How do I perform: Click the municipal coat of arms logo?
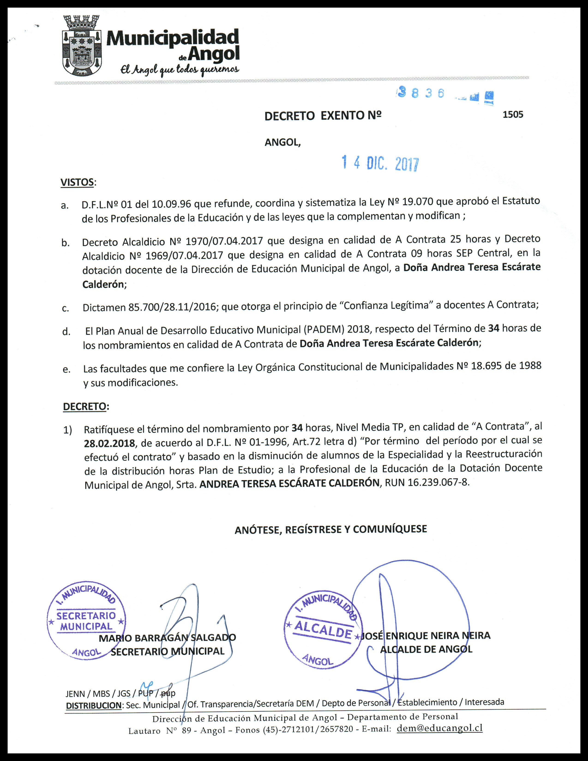[82, 46]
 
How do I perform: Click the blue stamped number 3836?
[421, 93]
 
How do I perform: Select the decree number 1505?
[513, 114]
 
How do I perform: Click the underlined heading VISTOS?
[77, 182]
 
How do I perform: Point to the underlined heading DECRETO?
[84, 406]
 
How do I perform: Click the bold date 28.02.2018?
[109, 443]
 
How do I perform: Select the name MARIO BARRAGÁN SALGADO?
[167, 638]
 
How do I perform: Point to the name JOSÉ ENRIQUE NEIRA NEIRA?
[426, 636]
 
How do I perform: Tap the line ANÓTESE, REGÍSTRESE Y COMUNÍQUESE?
[331, 529]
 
